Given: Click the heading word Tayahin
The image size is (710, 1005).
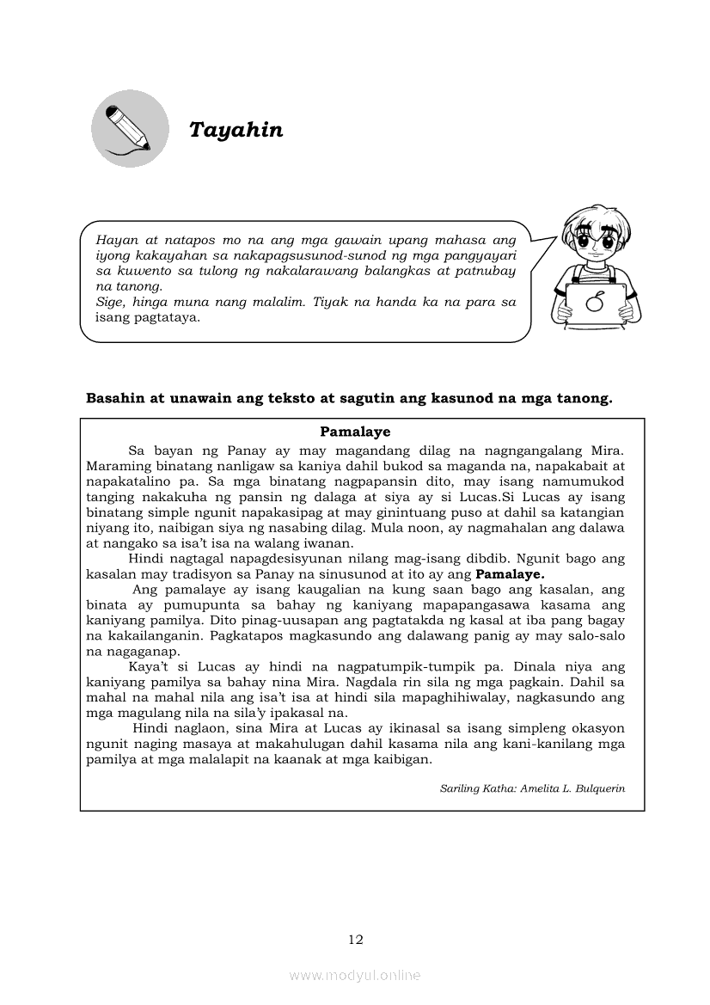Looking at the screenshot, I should [x=236, y=130].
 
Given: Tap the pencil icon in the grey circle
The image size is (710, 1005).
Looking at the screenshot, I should [x=130, y=128].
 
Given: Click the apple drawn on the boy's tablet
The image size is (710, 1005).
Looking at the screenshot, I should [x=592, y=301].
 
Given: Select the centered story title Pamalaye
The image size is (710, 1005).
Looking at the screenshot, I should [x=355, y=432].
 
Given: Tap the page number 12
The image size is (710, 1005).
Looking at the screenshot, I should [x=355, y=940].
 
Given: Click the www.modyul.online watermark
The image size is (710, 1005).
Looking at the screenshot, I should [x=355, y=975].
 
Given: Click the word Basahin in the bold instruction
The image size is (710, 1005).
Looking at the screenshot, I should [x=115, y=398].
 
